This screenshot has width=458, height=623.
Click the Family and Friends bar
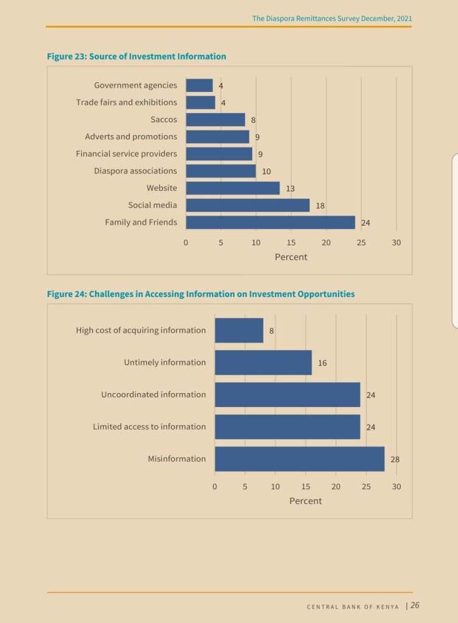click(270, 223)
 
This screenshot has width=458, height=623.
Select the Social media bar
click(247, 206)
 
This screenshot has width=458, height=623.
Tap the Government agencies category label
click(135, 85)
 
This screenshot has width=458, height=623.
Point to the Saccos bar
click(215, 120)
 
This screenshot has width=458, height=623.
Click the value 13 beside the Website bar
click(290, 189)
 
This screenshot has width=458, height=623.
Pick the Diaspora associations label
click(135, 171)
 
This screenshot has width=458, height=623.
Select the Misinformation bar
click(299, 459)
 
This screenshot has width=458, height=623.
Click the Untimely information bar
click(263, 363)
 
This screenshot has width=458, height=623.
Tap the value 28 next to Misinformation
click(395, 459)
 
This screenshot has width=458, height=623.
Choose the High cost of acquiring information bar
click(239, 330)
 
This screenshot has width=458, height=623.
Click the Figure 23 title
click(136, 57)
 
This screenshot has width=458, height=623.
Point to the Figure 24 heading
click(200, 294)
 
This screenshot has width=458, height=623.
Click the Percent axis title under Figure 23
click(291, 257)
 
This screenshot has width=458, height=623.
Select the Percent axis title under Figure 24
click(305, 501)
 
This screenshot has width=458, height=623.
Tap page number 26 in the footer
click(415, 605)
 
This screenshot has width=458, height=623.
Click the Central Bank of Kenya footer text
click(353, 607)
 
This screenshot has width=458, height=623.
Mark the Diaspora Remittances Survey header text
click(332, 19)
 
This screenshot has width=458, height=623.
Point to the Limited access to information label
click(149, 427)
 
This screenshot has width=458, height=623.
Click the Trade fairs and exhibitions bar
click(200, 103)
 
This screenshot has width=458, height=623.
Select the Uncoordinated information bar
click(287, 395)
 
